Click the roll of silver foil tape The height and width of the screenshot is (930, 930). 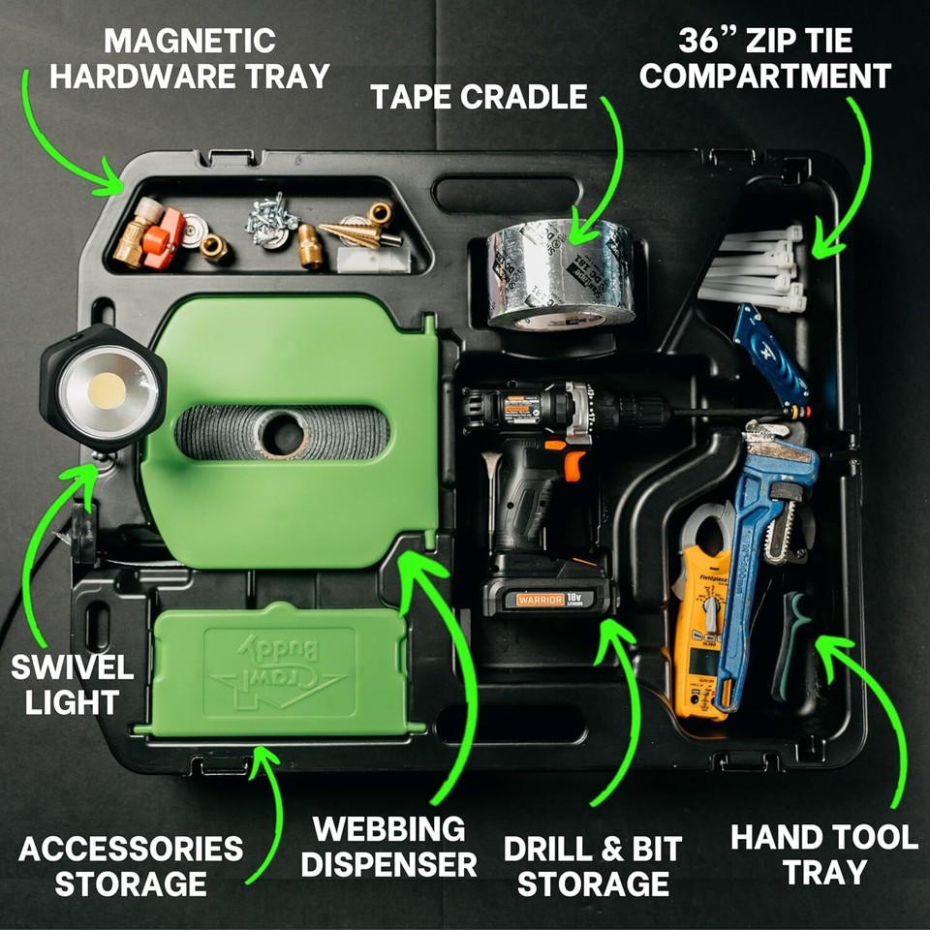[560, 276]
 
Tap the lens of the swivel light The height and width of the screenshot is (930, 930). [108, 390]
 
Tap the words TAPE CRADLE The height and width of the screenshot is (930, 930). [479, 97]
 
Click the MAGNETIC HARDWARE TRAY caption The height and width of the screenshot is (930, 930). [190, 58]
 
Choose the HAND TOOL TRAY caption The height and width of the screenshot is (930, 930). [823, 852]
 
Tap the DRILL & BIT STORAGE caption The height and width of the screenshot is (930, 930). [592, 865]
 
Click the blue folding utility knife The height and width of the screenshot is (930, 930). [770, 354]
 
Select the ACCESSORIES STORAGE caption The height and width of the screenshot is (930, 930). [131, 865]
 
